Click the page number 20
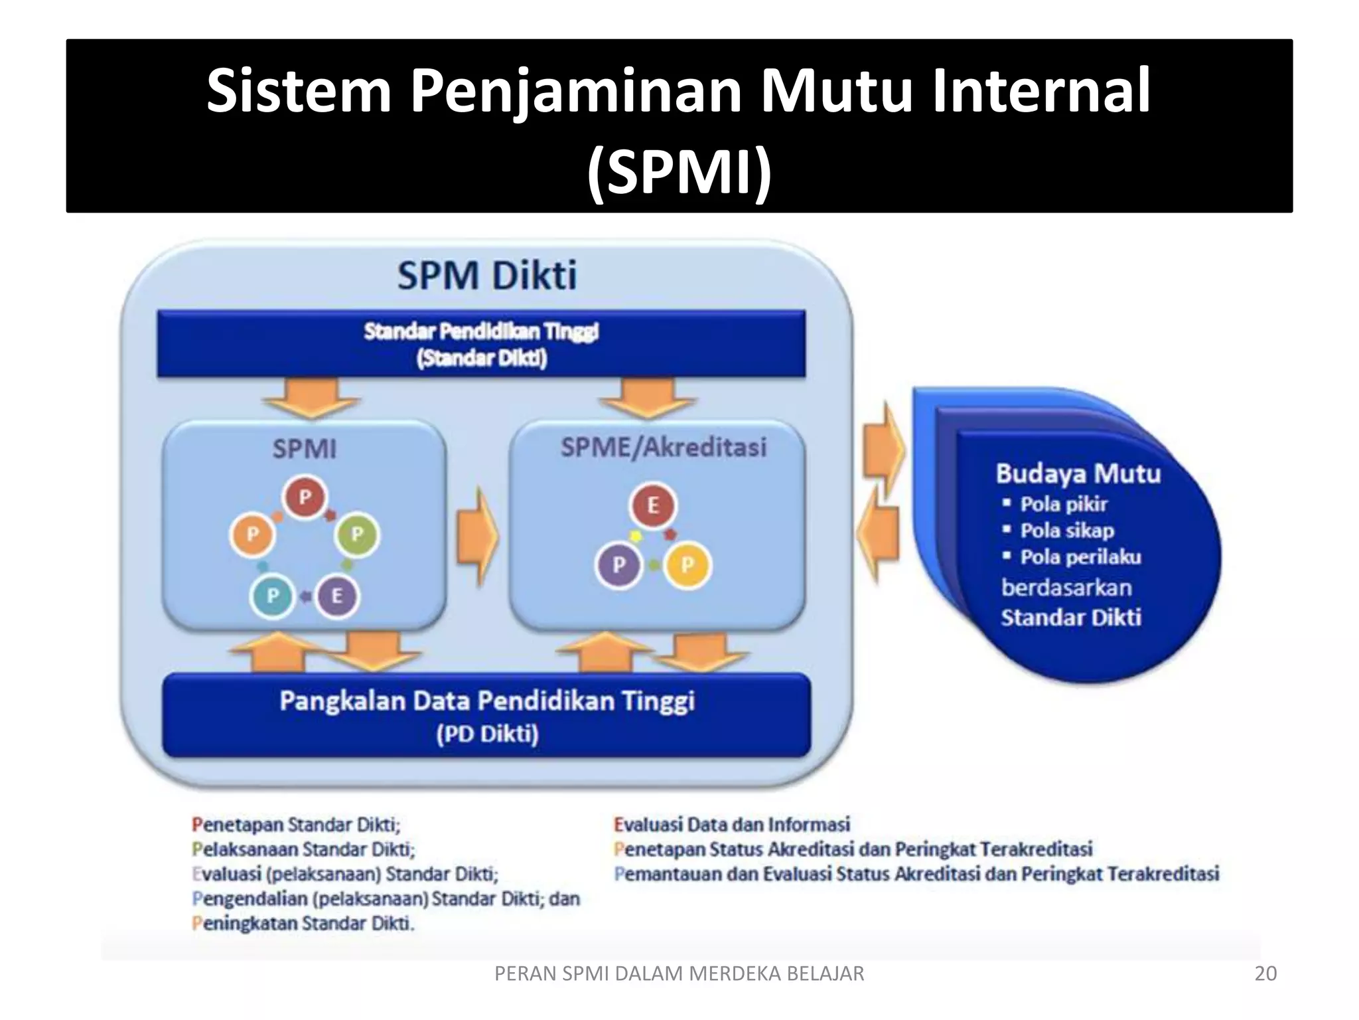[x=1265, y=974]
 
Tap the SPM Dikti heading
[x=487, y=275]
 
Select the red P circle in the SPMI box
[x=305, y=497]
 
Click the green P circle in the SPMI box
[x=357, y=534]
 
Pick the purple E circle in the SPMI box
[x=336, y=596]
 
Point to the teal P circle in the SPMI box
[x=272, y=596]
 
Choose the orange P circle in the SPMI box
[x=252, y=534]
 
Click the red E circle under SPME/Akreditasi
[x=653, y=505]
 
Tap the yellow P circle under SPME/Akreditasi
[x=687, y=565]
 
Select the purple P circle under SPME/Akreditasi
[x=618, y=565]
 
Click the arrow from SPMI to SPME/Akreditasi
[x=476, y=535]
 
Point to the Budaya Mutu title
[x=1078, y=473]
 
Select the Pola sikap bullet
[x=1066, y=531]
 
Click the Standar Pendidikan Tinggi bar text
[x=481, y=331]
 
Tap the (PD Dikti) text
[x=487, y=734]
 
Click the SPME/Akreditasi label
[x=663, y=447]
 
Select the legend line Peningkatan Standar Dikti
[x=303, y=923]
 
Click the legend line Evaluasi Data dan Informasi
[x=732, y=825]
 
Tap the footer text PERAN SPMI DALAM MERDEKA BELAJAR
[x=679, y=974]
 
